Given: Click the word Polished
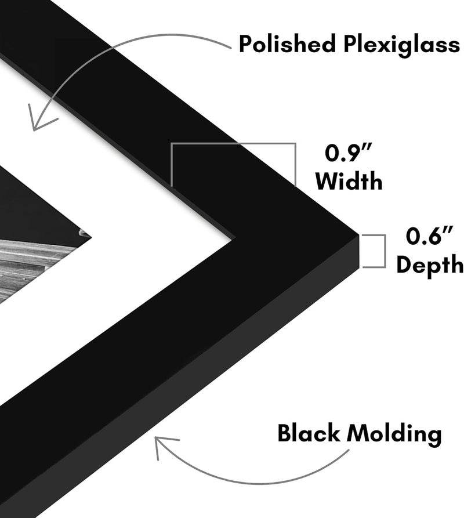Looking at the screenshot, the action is coord(287,44).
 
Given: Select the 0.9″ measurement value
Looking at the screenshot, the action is coord(349,153).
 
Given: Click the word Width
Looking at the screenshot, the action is coord(349,181).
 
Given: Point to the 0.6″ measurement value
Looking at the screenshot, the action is coord(429,236).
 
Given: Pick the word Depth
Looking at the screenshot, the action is coord(430,265).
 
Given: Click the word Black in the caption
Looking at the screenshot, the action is coord(309,433).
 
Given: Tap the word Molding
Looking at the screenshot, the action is coord(394,434).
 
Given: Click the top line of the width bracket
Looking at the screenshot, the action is coord(233,144).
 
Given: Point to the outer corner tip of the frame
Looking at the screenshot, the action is coord(358,235).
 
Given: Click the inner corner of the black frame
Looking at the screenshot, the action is coord(235,237).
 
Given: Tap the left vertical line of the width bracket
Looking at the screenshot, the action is coord(172,165).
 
